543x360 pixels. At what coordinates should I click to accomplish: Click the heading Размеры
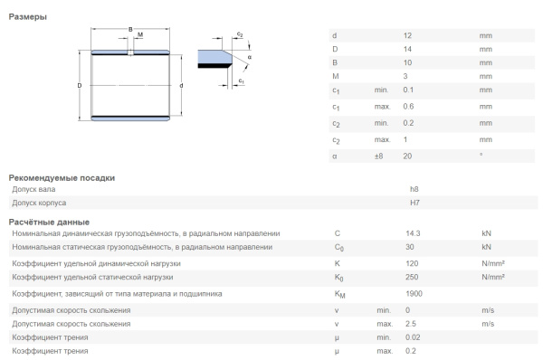(x=28, y=17)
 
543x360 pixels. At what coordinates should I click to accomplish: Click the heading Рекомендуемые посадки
(x=62, y=177)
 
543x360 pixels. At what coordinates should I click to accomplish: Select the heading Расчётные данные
(x=49, y=222)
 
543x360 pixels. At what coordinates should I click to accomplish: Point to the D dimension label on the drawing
(x=80, y=86)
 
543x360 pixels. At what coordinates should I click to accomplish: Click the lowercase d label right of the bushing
(x=183, y=86)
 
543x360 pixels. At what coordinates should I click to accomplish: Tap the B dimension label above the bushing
(x=130, y=30)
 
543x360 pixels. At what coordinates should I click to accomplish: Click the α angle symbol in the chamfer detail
(x=249, y=57)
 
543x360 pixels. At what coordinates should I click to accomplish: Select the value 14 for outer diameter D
(x=407, y=49)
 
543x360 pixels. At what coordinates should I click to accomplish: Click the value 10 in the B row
(x=407, y=63)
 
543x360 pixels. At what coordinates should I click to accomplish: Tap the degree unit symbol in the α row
(x=481, y=156)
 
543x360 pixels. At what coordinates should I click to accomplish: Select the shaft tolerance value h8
(x=414, y=189)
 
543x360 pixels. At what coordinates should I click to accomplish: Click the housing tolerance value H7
(x=414, y=203)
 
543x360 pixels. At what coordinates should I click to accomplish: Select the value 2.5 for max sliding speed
(x=410, y=323)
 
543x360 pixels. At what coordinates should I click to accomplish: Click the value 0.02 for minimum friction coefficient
(x=412, y=336)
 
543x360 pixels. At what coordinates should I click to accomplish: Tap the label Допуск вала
(x=33, y=189)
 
